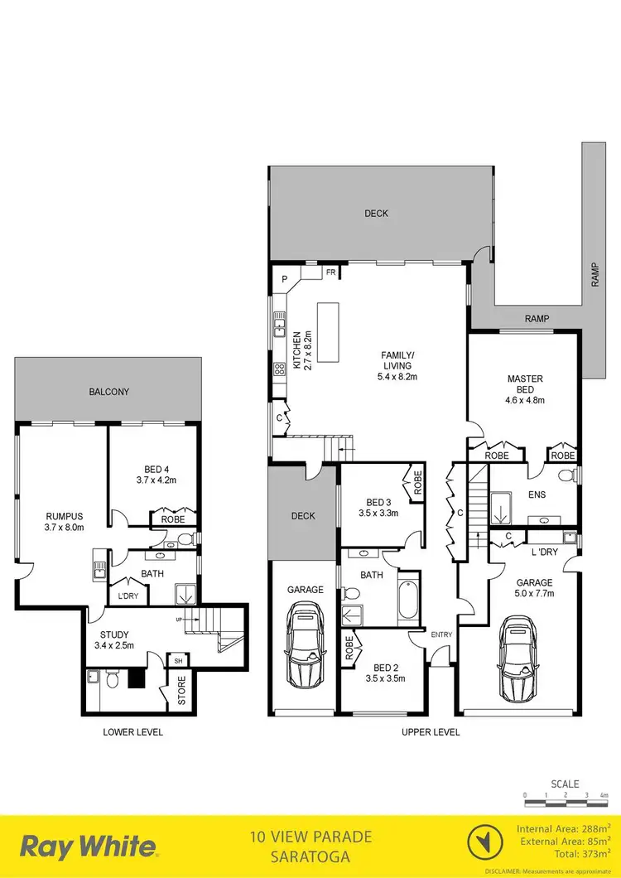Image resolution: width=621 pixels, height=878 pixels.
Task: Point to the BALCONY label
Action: (108, 392)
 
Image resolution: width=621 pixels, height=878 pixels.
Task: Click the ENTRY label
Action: (441, 634)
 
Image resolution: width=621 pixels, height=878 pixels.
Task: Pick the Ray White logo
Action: (89, 847)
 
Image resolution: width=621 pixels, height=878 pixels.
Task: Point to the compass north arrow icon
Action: (485, 847)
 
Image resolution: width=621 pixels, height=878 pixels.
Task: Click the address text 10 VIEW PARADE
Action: (311, 837)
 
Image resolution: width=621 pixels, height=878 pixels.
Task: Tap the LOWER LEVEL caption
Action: (132, 732)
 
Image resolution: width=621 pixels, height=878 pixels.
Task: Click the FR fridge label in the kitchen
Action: (330, 272)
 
